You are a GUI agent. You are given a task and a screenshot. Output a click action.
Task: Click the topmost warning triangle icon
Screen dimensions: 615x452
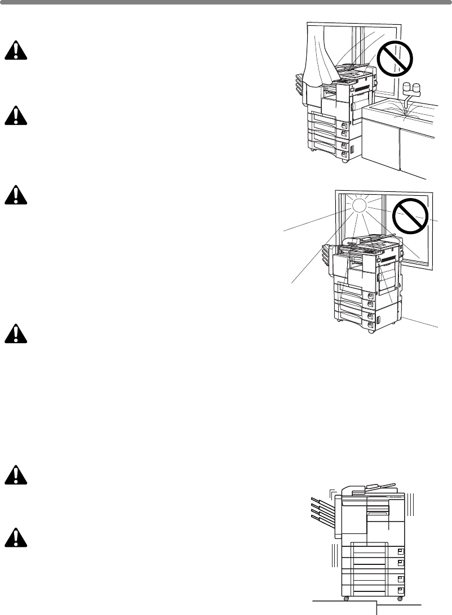click(x=17, y=51)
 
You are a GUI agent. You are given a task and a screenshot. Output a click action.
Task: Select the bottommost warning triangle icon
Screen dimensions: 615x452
click(x=17, y=538)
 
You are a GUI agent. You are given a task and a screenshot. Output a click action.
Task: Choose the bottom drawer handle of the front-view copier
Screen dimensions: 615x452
click(x=400, y=590)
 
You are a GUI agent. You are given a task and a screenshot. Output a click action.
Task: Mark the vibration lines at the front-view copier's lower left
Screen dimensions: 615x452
click(x=334, y=554)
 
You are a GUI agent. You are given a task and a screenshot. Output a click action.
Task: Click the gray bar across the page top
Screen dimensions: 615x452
click(x=226, y=2)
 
